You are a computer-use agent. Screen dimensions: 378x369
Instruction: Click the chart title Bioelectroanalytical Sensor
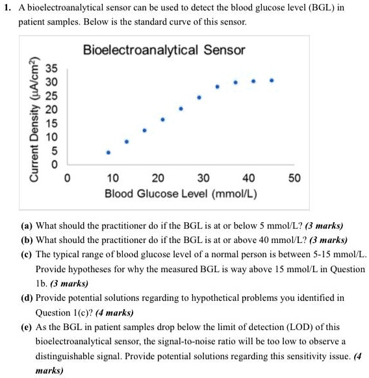[x=164, y=50]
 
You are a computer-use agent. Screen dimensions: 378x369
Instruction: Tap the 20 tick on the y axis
[x=50, y=110]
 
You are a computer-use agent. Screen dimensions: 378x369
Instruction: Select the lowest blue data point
[x=108, y=152]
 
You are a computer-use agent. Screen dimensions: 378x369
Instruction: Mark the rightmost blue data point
[x=272, y=81]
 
